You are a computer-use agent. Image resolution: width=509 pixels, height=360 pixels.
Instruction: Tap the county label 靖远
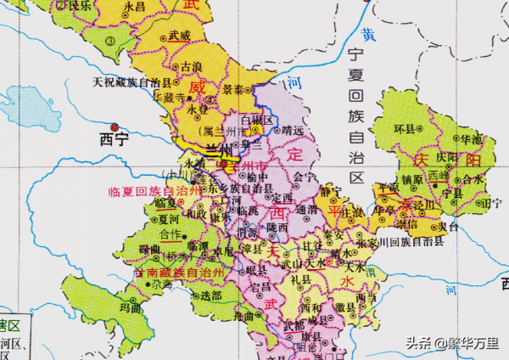[293, 131]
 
